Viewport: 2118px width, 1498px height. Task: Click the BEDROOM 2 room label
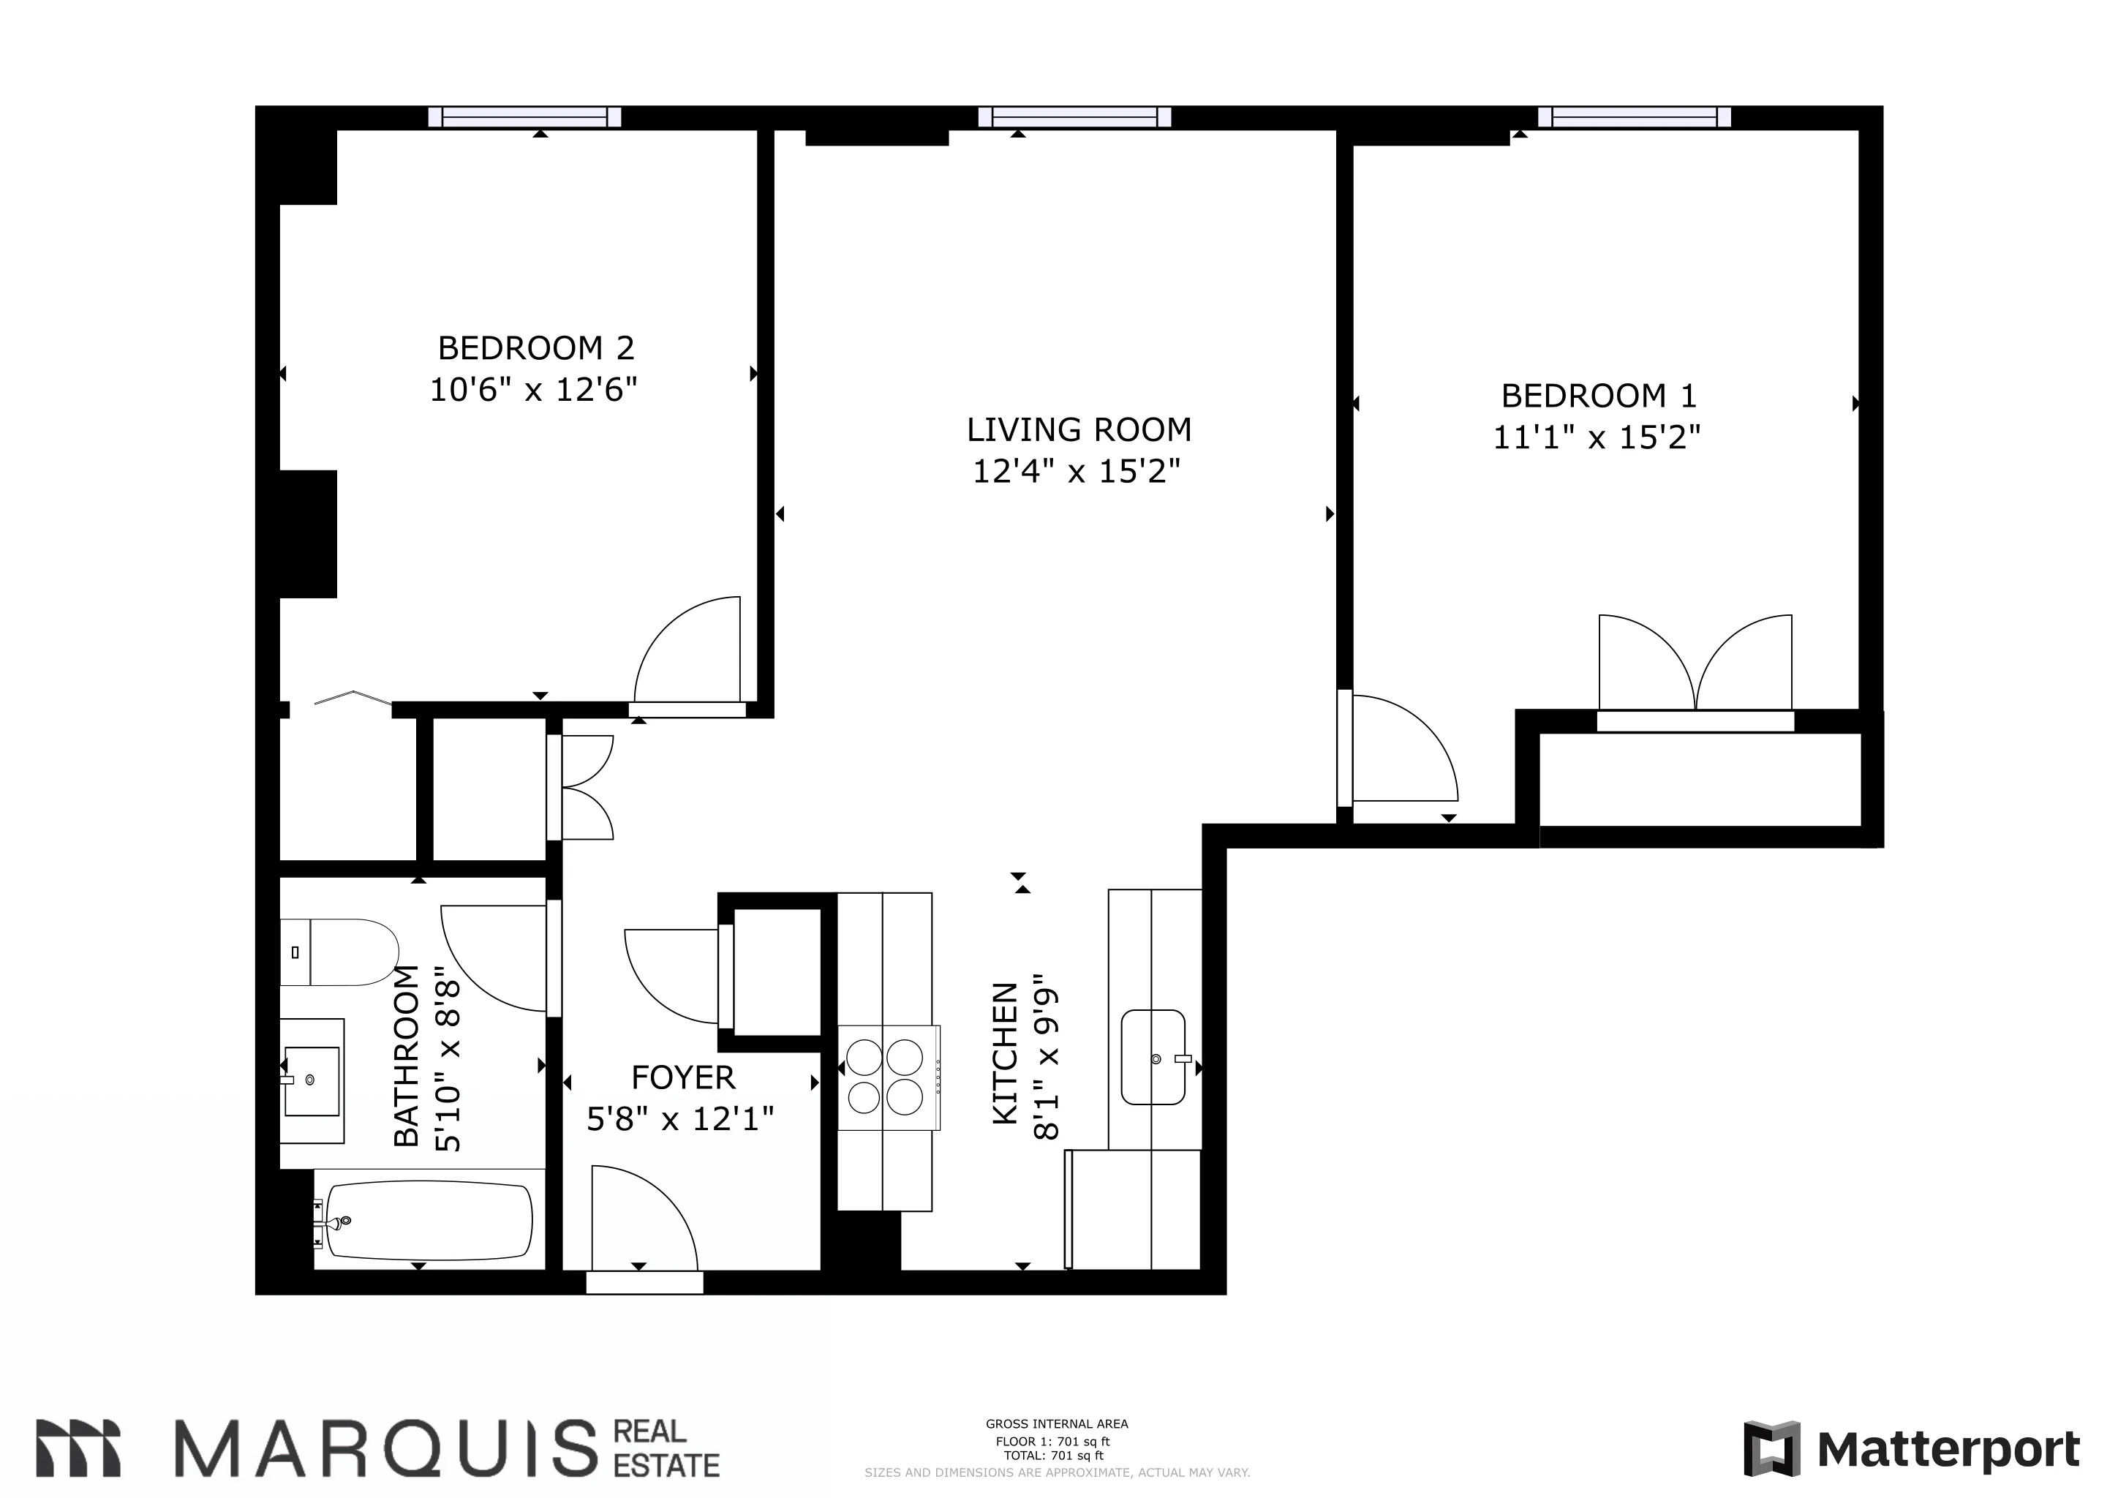tap(536, 349)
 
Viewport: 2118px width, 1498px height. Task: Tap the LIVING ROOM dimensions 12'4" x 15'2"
tap(1077, 473)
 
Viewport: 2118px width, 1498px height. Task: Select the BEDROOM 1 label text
tap(1598, 396)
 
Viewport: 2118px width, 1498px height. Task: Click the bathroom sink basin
tap(312, 1081)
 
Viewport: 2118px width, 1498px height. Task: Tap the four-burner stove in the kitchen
tap(885, 1077)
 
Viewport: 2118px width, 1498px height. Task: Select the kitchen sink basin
tap(1153, 1057)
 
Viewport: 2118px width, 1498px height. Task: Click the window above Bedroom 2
tap(525, 117)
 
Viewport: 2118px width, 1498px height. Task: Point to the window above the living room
tap(1074, 117)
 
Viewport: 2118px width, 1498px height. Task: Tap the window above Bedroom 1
tap(1634, 117)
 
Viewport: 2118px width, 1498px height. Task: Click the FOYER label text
tap(682, 1077)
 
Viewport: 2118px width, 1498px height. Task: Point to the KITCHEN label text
tap(1005, 1053)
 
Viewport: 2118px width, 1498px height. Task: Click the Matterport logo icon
tap(1771, 1449)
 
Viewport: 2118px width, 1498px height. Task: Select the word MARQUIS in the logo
tap(385, 1448)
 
